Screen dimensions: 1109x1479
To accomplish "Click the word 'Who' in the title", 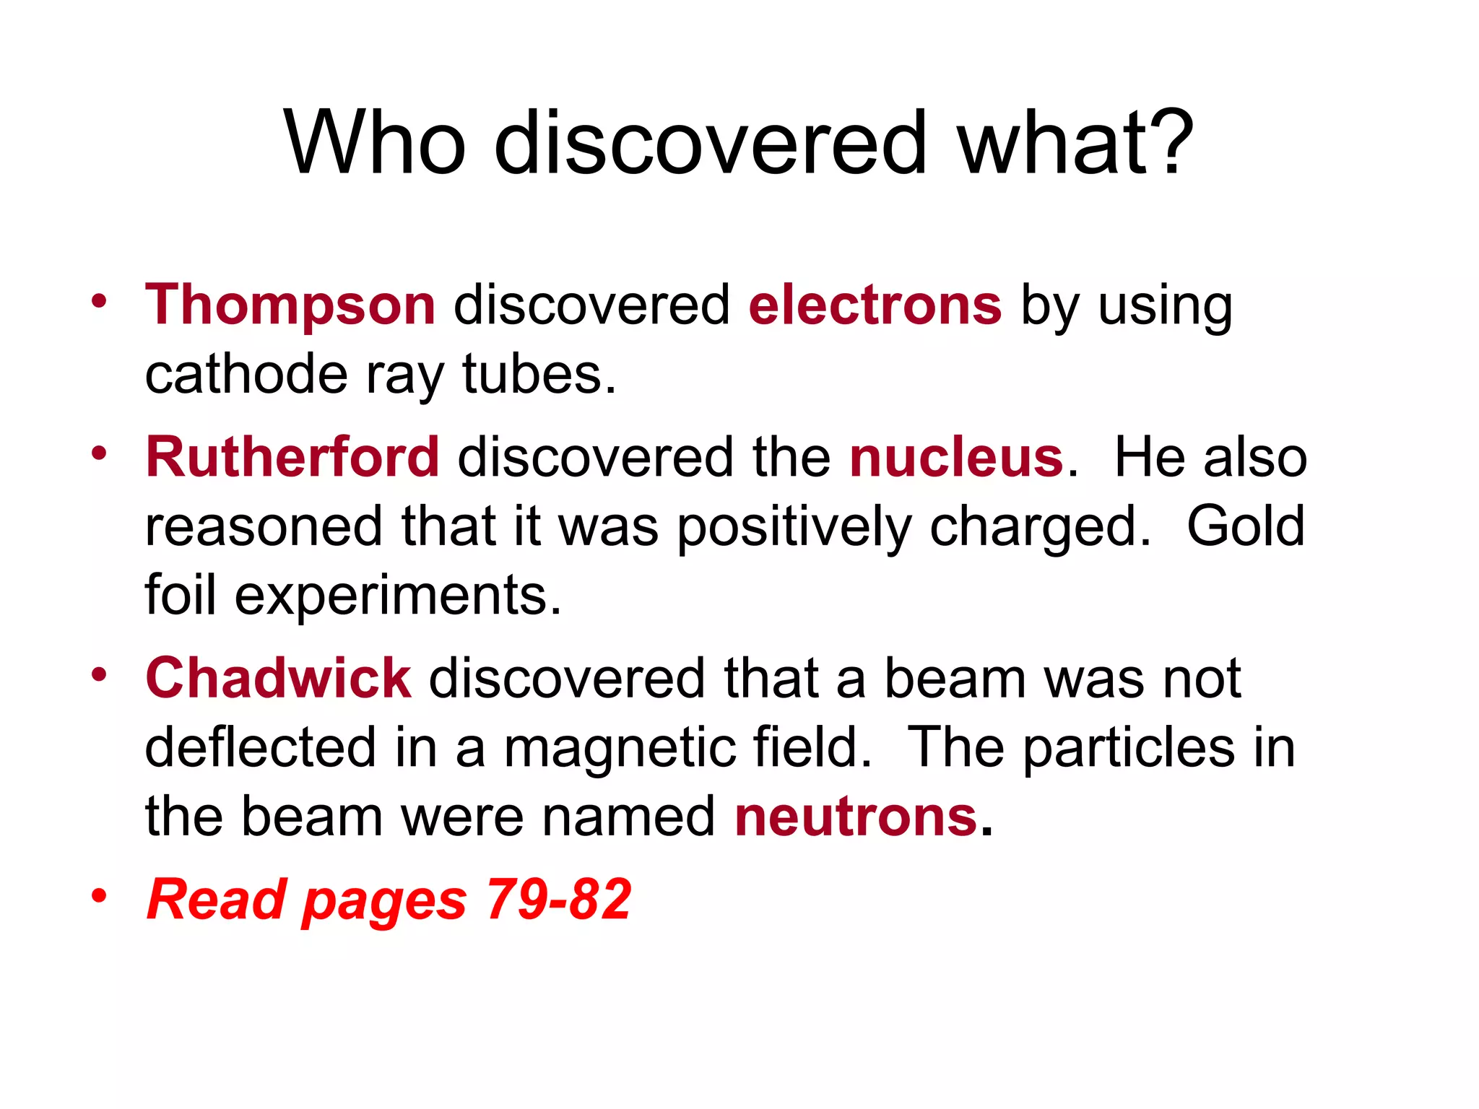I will coord(375,142).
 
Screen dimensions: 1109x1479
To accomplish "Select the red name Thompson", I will coord(290,305).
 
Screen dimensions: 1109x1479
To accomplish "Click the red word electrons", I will coord(875,305).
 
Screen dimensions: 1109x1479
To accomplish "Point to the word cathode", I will coord(246,375).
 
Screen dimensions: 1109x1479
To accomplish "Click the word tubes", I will coord(539,375).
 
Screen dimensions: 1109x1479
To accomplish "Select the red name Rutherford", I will coord(292,458).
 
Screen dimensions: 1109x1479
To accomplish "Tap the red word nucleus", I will coord(955,458).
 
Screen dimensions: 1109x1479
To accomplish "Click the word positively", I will coord(794,528).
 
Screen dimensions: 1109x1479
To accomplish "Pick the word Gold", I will coord(1245,526).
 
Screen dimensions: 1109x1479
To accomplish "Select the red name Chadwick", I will coord(279,679).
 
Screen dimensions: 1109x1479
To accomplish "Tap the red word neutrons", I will coord(856,817).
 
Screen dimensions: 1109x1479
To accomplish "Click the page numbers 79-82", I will coord(558,900).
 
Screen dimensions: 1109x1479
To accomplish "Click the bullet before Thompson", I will coord(99,300).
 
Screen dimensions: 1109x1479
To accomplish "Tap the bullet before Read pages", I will coord(99,896).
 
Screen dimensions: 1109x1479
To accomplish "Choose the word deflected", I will coord(261,748).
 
